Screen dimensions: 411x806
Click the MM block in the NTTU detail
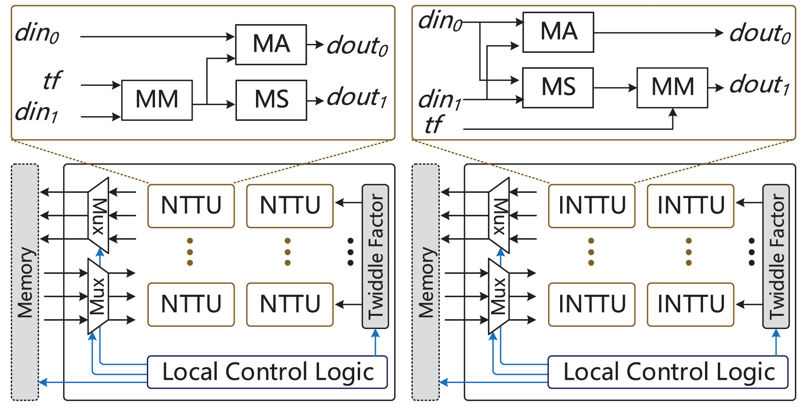[x=157, y=100]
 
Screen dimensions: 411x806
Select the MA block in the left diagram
[x=271, y=44]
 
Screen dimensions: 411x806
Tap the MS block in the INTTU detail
[x=558, y=87]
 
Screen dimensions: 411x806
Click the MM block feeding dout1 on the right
[x=672, y=87]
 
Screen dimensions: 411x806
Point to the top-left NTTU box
[x=191, y=206]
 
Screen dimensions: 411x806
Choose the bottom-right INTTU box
[x=690, y=304]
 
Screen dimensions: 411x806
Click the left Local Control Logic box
[x=267, y=372]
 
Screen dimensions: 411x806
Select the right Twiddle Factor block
[x=776, y=256]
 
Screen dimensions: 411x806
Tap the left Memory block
[x=25, y=282]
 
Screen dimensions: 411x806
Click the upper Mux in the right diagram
[x=499, y=216]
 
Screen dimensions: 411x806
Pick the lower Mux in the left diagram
[x=98, y=296]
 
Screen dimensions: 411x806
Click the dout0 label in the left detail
[x=357, y=46]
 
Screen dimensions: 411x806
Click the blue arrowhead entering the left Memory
[x=43, y=382]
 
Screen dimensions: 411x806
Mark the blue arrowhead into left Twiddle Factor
[x=375, y=333]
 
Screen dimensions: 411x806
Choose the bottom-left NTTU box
[x=191, y=304]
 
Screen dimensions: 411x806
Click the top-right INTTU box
[x=690, y=206]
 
